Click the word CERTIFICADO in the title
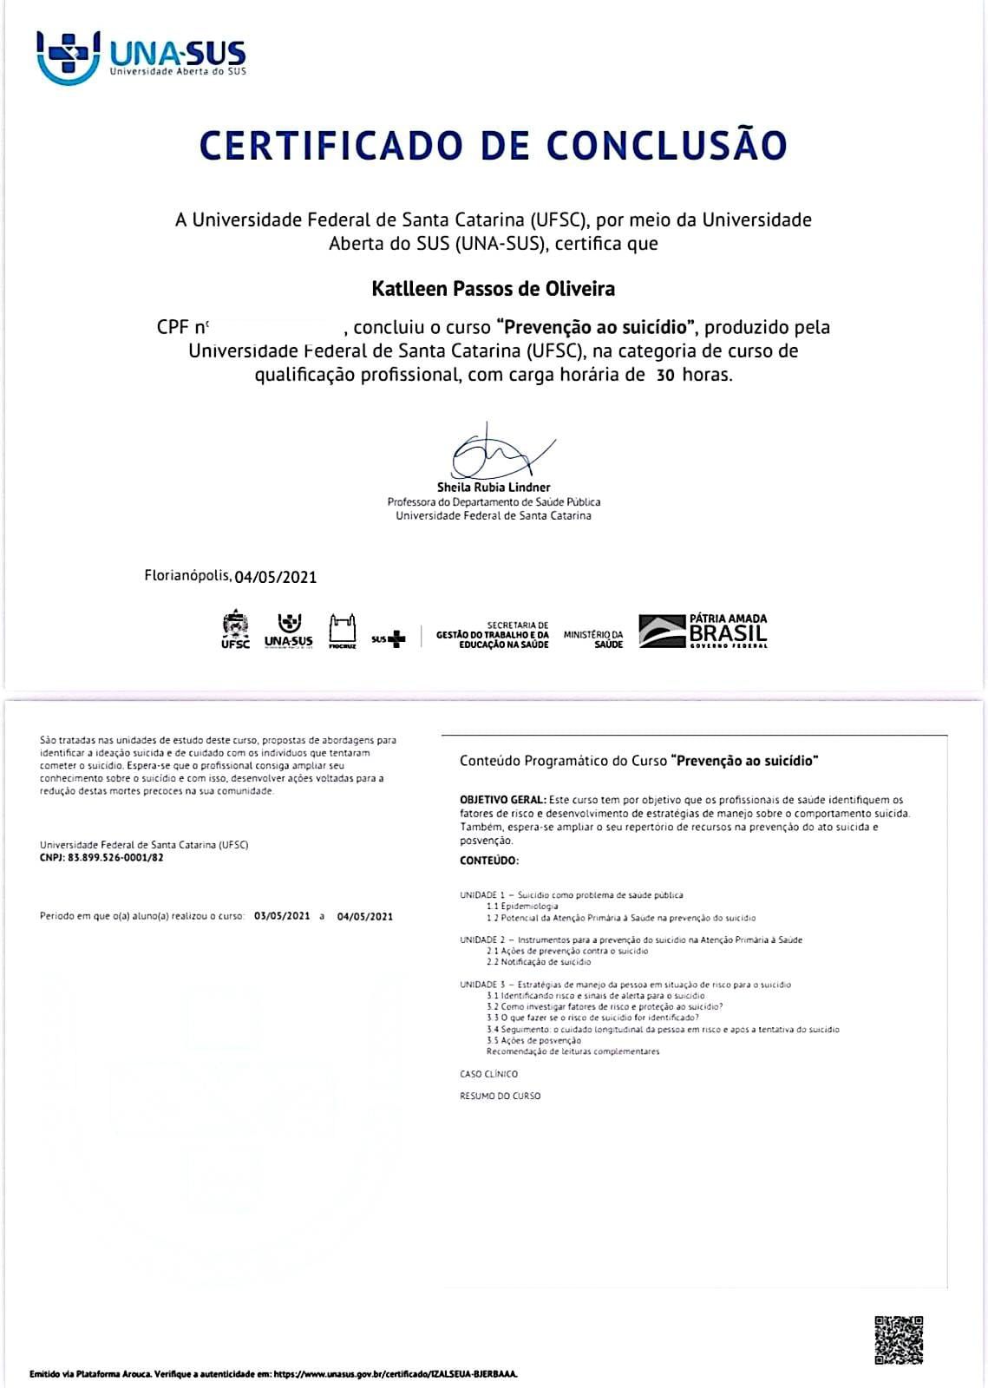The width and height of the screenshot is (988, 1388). (332, 145)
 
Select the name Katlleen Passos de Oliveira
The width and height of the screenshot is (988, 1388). (493, 288)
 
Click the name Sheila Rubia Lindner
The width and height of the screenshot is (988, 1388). (493, 488)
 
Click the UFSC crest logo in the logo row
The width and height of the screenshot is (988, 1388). (235, 631)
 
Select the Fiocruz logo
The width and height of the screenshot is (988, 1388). (343, 632)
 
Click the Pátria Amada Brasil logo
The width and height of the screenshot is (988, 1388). (703, 631)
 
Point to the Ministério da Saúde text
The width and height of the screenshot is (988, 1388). (593, 639)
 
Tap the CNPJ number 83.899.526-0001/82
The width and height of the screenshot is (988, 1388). (115, 858)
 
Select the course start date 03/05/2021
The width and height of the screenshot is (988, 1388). (282, 916)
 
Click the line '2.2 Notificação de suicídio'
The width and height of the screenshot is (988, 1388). (539, 962)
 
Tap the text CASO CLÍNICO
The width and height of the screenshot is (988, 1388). (488, 1074)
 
